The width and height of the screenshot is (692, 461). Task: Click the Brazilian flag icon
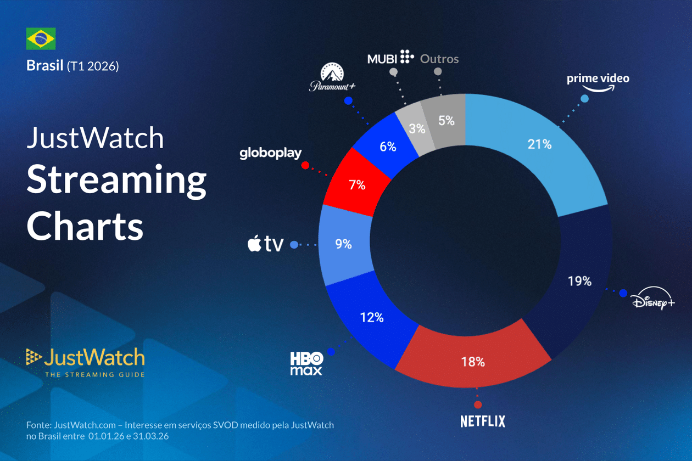point(41,39)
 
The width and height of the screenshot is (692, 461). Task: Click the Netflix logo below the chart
point(482,421)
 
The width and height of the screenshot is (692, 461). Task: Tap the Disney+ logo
point(652,301)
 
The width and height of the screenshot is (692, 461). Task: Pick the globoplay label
point(270,153)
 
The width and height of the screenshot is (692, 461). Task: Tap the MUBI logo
point(390,57)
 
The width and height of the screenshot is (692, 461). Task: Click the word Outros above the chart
point(439,58)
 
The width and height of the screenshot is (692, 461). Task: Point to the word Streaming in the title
point(116,181)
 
